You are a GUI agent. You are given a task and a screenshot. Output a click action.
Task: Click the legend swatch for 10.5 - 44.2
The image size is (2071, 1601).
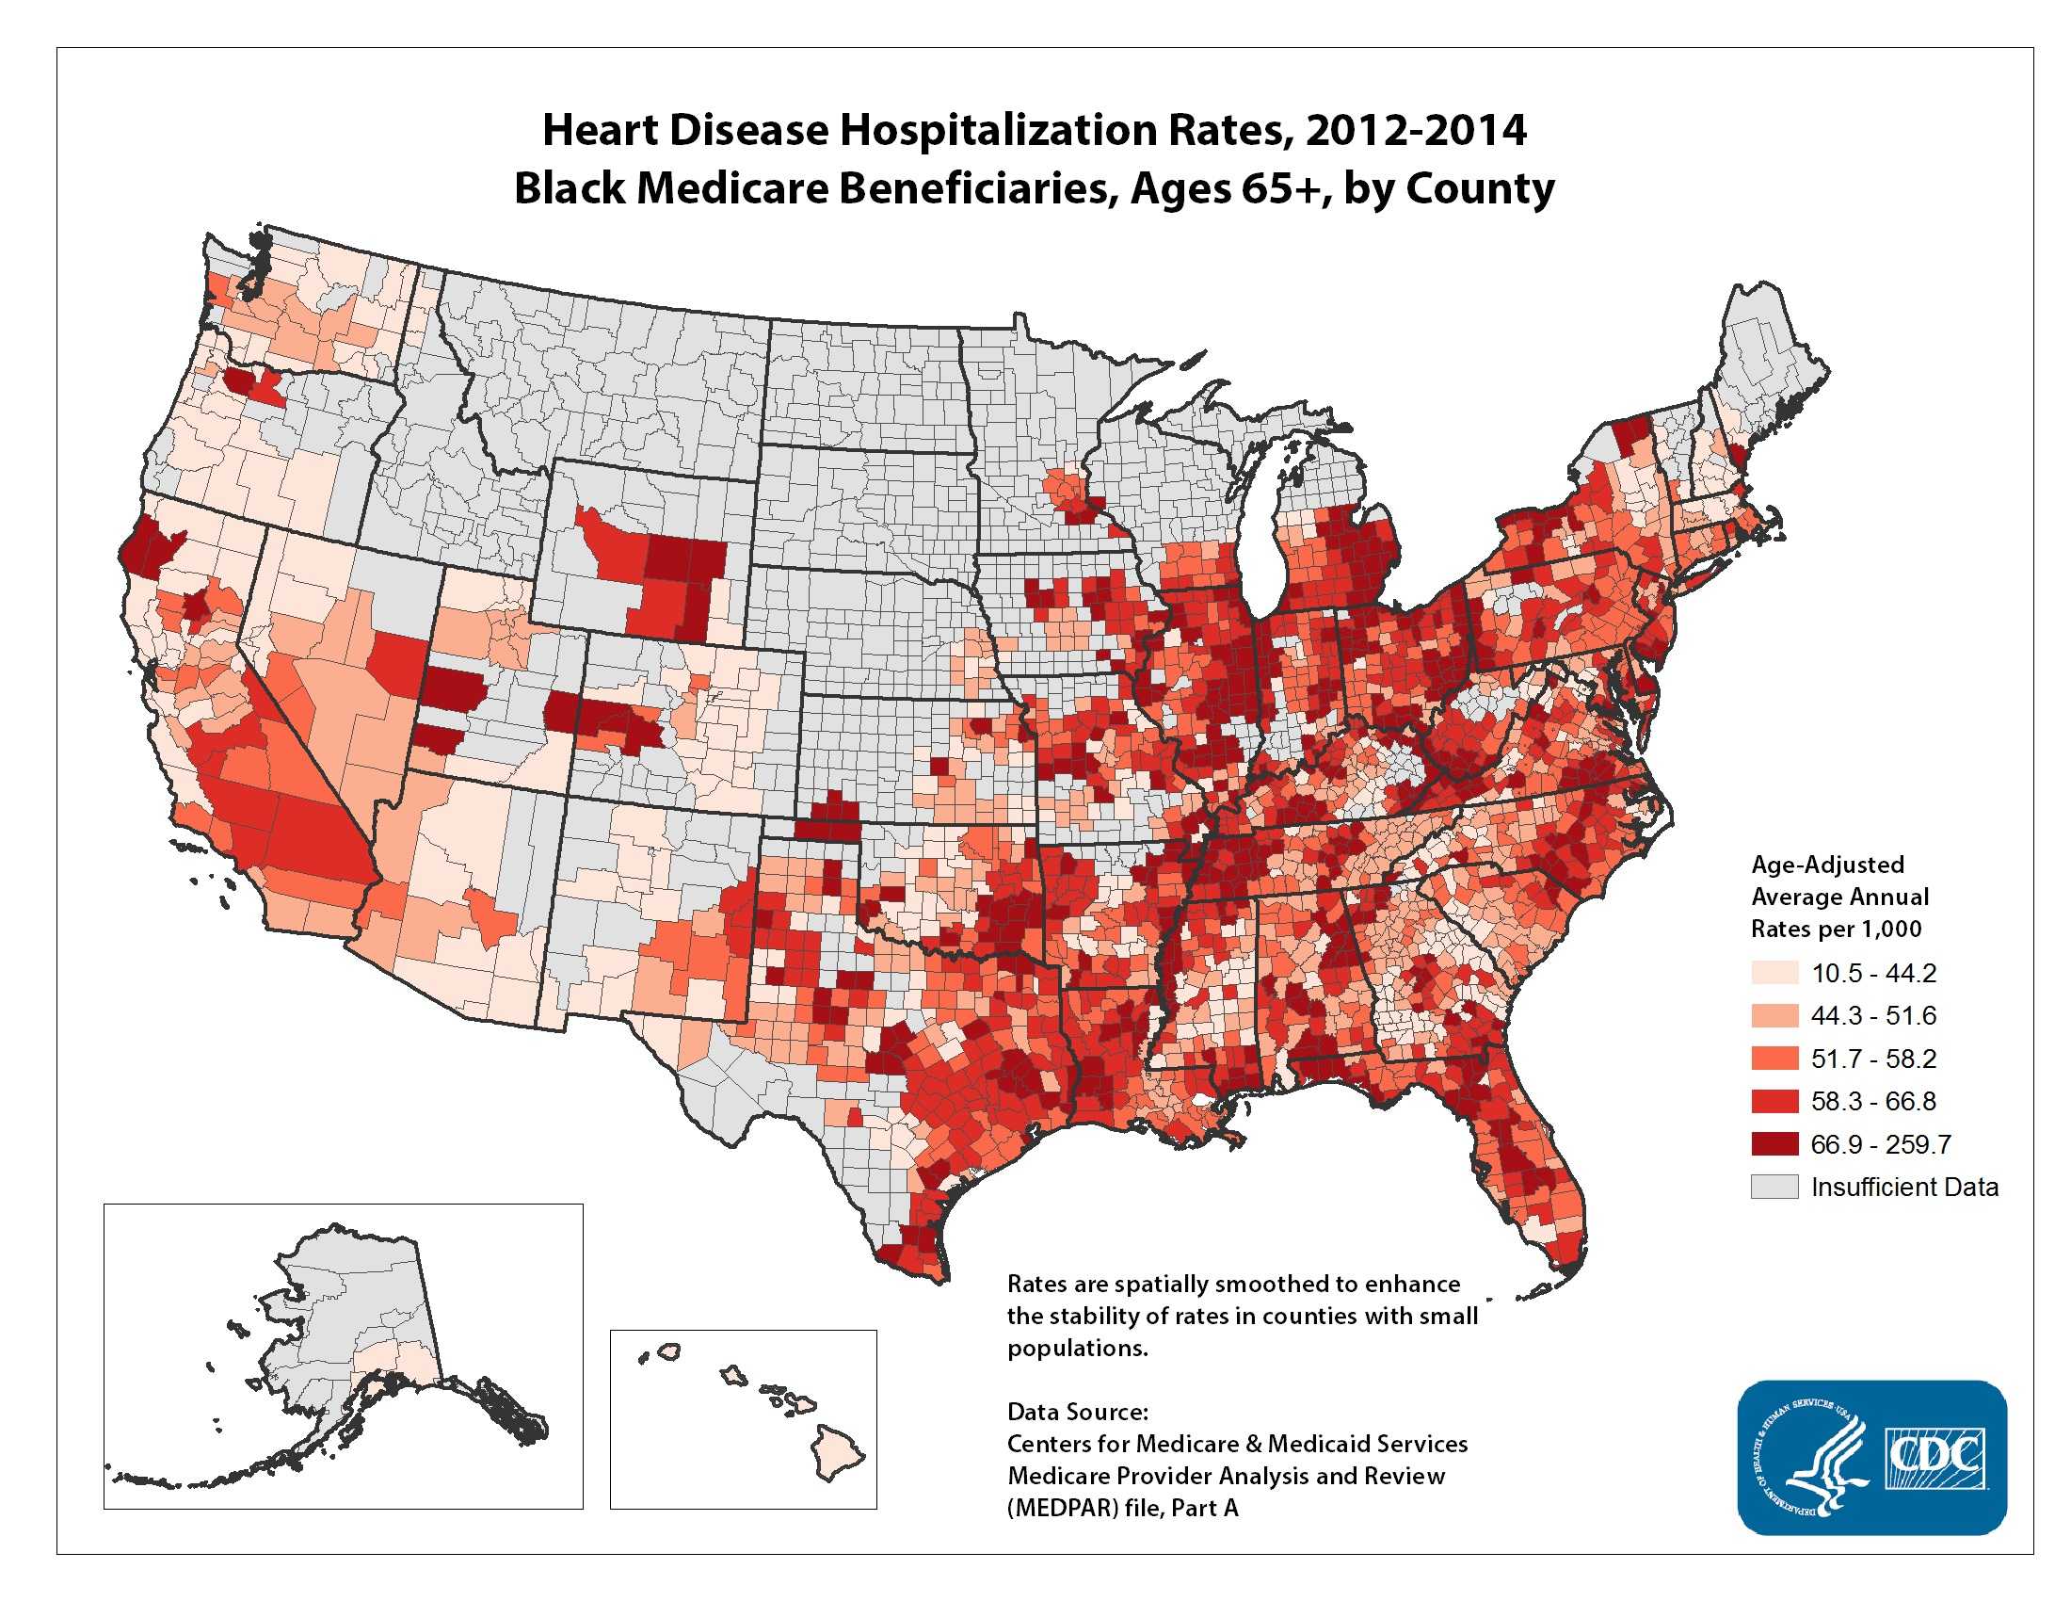(x=1774, y=973)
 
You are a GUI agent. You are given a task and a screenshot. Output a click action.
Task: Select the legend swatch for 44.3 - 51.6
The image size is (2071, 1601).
(x=1774, y=1016)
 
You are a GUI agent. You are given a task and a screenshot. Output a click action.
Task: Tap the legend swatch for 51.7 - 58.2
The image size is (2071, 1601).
(x=1774, y=1059)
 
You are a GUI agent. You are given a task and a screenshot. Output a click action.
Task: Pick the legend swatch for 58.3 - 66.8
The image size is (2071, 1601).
(x=1774, y=1101)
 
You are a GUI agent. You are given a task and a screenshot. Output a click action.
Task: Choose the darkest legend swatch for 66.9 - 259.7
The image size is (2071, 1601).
(x=1774, y=1144)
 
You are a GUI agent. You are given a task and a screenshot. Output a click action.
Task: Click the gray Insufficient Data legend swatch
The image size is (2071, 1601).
(x=1774, y=1187)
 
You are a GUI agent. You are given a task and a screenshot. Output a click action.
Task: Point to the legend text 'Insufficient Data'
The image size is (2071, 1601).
(x=1904, y=1188)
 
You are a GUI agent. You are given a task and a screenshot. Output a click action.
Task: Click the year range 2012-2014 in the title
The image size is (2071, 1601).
(x=1416, y=130)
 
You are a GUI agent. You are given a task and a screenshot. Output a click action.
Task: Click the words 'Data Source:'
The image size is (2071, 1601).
(x=1077, y=1412)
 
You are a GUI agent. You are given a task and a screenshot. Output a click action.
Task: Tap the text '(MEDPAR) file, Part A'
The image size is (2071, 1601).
(x=1123, y=1507)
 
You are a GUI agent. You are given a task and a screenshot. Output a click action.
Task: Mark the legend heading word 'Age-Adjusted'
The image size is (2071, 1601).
(x=1827, y=864)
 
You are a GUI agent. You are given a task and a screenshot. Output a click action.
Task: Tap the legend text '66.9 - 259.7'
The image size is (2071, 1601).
(x=1881, y=1144)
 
